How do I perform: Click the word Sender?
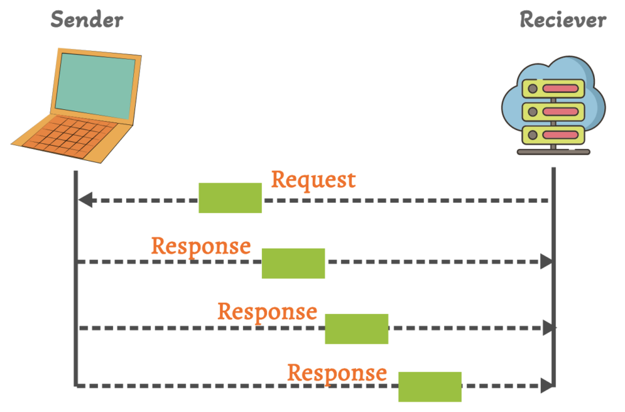[x=86, y=20]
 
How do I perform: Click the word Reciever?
[x=562, y=20]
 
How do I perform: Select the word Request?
[x=313, y=179]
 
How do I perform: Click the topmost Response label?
[x=200, y=246]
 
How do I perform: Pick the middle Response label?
[x=267, y=311]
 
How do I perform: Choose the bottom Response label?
[x=337, y=373]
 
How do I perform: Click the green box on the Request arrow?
[x=230, y=198]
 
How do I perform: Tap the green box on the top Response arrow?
[x=293, y=263]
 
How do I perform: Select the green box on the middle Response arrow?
[x=357, y=328]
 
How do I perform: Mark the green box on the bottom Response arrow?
[x=430, y=386]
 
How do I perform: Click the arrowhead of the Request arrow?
[x=85, y=200]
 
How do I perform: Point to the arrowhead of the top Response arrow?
[x=547, y=262]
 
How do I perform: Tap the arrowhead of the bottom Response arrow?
[x=547, y=386]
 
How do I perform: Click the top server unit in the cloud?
[x=553, y=88]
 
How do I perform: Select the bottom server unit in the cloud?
[x=553, y=135]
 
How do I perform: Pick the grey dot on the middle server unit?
[x=533, y=112]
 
